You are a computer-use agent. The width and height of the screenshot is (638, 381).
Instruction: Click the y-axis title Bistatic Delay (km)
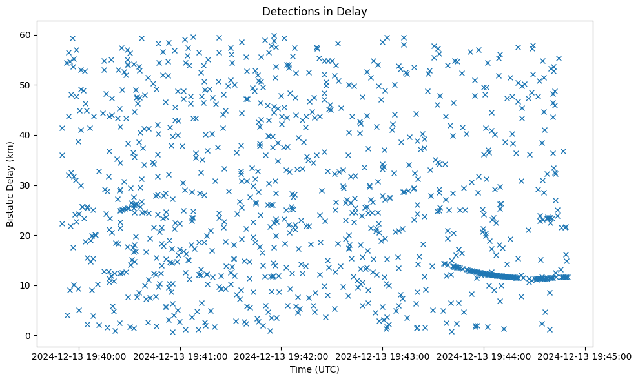[11, 183]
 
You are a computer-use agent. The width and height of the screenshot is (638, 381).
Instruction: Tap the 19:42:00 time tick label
[281, 356]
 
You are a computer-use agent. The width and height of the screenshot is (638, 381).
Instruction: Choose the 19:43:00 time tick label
[382, 356]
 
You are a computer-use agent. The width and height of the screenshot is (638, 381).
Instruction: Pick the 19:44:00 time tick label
[484, 356]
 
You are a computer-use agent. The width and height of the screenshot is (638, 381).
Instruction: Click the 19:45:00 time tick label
[585, 356]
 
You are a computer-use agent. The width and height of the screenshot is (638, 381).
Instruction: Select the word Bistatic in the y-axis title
[11, 207]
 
